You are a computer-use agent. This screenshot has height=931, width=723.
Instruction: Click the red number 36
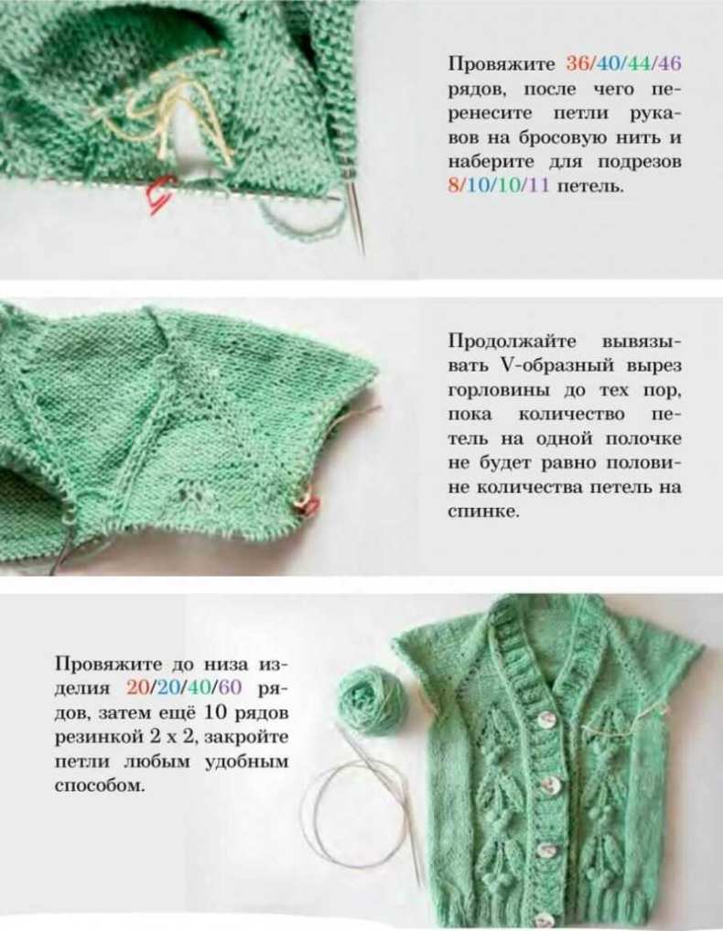coord(577,64)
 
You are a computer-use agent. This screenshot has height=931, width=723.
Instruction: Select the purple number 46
coord(670,64)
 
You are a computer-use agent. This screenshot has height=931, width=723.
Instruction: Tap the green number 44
coord(639,64)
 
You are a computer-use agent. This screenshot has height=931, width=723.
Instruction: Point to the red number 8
coord(454,186)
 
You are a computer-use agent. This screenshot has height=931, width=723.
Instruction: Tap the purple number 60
coord(231,687)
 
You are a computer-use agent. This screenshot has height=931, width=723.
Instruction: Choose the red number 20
coord(138,687)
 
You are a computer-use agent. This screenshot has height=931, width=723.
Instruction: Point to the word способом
coord(100,786)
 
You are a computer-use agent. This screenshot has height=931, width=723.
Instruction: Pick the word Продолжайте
coord(512,342)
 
